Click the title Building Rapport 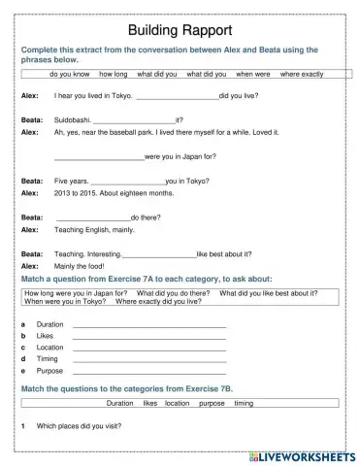click(x=180, y=30)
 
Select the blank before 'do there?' click(x=93, y=216)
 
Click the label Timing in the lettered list click(x=48, y=359)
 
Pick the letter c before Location click(x=23, y=348)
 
